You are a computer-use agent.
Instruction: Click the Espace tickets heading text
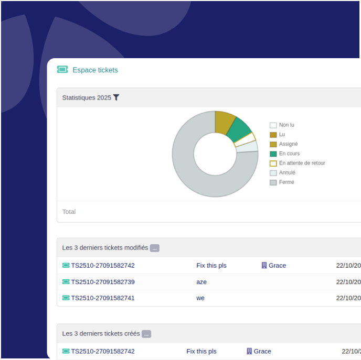[x=95, y=70]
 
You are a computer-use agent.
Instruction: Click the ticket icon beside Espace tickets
[x=62, y=70]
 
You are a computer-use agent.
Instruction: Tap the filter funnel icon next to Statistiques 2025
[x=116, y=97]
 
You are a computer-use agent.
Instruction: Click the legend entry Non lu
[x=286, y=125]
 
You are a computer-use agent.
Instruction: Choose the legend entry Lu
[x=282, y=135]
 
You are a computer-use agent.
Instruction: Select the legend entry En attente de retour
[x=302, y=163]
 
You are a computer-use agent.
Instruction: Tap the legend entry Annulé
[x=287, y=172]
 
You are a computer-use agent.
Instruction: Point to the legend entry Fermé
[x=286, y=182]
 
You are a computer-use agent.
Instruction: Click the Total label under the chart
[x=69, y=212]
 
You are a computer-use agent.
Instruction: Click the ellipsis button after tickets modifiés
[x=154, y=248]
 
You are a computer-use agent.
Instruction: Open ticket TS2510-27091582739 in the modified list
[x=103, y=282]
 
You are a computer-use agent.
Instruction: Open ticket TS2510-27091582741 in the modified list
[x=103, y=298]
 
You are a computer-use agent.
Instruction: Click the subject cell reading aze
[x=201, y=282]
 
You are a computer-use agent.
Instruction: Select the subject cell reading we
[x=200, y=298]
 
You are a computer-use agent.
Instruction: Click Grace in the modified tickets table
[x=277, y=266]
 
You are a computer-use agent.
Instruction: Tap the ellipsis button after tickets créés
[x=146, y=334]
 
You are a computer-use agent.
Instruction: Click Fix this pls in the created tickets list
[x=201, y=351]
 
